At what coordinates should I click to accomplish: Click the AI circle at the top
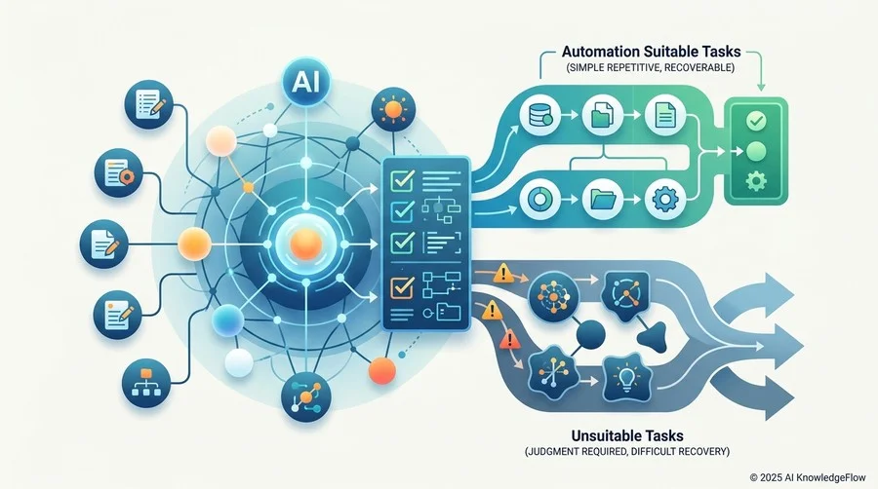pos(305,82)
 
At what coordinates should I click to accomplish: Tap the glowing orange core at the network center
pos(306,244)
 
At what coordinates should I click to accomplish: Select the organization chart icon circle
pos(146,383)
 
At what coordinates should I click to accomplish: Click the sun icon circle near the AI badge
pos(393,109)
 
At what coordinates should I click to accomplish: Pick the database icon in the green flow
pos(539,115)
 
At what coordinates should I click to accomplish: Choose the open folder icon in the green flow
pos(603,199)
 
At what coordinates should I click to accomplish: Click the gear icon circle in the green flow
pos(665,199)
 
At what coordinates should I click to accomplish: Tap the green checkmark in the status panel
pos(756,120)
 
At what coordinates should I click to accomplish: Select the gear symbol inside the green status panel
pos(756,181)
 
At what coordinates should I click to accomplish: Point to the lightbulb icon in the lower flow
pos(626,379)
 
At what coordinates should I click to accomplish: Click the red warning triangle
pos(509,339)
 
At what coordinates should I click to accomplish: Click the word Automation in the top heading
pos(600,52)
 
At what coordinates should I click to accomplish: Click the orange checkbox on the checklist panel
pos(402,287)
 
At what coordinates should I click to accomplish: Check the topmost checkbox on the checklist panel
pos(402,179)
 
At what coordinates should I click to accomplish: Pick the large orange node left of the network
pos(194,244)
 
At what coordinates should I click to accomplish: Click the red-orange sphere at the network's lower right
pos(383,370)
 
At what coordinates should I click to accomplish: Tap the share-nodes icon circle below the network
pos(305,396)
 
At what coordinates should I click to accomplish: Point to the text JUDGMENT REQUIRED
pos(576,452)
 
